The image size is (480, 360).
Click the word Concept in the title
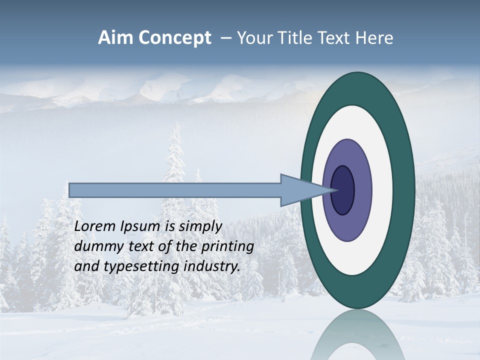point(173,38)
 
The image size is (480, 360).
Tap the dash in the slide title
point(226,38)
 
